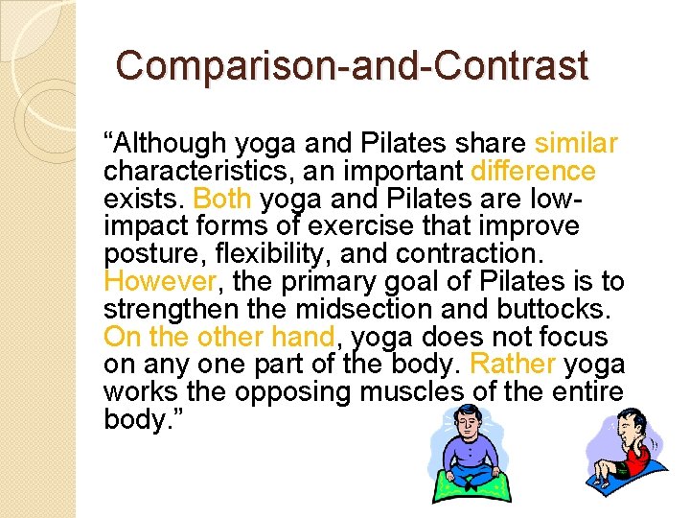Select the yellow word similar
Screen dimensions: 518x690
(576, 144)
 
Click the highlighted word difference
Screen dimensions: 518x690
(534, 172)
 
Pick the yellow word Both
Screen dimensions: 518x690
(222, 199)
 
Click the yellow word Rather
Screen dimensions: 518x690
(514, 365)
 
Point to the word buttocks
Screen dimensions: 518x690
(557, 309)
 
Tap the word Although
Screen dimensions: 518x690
(171, 144)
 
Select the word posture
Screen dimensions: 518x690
(146, 254)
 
